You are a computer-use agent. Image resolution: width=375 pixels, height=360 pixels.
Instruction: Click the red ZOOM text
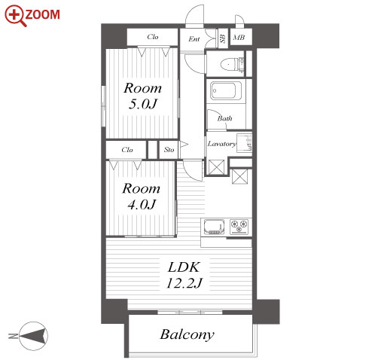tap(42, 14)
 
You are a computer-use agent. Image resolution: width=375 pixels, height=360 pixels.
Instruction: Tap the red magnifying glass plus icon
tap(15, 16)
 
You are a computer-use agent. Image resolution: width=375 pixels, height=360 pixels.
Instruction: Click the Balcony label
tap(187, 335)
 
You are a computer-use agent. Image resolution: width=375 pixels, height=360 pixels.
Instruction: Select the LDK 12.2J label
tap(184, 275)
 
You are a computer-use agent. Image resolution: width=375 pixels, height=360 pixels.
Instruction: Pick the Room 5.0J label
tap(142, 96)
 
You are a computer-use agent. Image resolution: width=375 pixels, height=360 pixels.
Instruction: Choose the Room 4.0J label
tap(141, 197)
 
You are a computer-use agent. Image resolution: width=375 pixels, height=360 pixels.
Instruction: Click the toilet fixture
tap(232, 65)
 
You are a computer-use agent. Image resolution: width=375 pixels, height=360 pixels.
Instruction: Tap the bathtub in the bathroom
tap(226, 90)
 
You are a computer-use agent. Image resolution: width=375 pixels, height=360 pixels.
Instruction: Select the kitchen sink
tap(214, 227)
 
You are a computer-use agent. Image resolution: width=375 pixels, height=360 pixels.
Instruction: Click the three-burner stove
tap(239, 227)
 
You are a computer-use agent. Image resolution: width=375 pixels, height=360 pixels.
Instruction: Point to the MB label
tap(239, 38)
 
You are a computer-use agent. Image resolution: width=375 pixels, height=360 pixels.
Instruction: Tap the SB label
tap(222, 38)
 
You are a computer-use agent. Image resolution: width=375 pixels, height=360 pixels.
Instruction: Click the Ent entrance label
tap(194, 39)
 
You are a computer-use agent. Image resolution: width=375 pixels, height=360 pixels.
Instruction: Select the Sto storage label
tap(169, 150)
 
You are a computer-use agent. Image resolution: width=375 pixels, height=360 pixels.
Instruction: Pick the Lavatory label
tap(222, 144)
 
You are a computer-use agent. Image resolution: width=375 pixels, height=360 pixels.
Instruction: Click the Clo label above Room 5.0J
tap(153, 37)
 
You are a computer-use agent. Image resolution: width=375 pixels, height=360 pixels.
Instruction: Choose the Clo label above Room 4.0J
tap(127, 150)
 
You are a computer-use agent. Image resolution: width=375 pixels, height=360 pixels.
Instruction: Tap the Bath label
tap(224, 118)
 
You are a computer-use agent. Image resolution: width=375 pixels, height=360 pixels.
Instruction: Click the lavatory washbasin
tap(244, 142)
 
